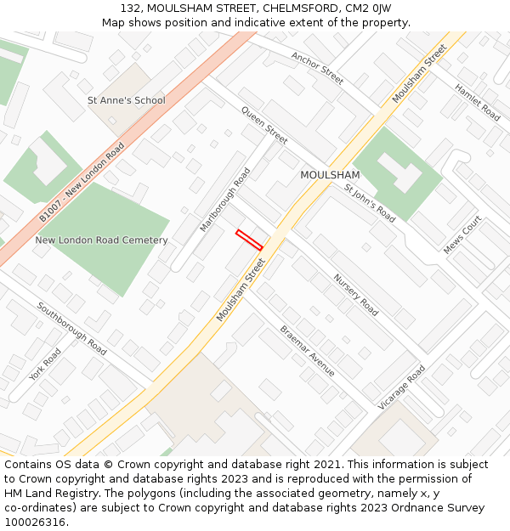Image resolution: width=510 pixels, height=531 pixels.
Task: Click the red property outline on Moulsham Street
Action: [x=249, y=240]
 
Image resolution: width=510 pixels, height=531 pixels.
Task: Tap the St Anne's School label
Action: [x=127, y=100]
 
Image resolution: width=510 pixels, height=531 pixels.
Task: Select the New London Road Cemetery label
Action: [x=101, y=240]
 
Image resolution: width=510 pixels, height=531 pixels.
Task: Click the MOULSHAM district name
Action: [x=330, y=175]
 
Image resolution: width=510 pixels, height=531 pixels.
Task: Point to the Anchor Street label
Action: [x=317, y=69]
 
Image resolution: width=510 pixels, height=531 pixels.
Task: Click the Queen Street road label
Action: [x=264, y=125]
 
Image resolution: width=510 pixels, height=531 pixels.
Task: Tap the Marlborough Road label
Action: [x=225, y=200]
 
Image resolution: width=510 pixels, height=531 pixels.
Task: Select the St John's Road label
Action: [x=370, y=202]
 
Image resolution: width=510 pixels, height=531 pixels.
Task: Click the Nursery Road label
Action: [x=355, y=295]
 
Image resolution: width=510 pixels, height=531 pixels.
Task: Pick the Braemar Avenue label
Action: [x=307, y=351]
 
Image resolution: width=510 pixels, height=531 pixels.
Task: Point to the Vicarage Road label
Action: [x=401, y=388]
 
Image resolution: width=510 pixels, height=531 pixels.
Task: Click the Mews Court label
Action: [x=462, y=234]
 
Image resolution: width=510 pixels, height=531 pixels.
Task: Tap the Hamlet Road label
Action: [x=477, y=101]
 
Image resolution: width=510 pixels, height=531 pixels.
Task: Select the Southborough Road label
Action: [x=71, y=328]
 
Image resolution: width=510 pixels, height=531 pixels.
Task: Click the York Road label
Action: [x=46, y=364]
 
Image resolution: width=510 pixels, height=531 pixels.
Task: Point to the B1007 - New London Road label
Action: [x=82, y=183]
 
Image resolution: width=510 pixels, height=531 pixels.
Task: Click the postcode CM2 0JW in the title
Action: [x=368, y=8]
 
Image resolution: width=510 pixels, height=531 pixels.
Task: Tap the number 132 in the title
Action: [x=130, y=8]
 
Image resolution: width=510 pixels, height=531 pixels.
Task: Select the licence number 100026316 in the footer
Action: [x=35, y=522]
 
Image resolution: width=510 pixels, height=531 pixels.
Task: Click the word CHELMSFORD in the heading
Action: [x=298, y=8]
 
